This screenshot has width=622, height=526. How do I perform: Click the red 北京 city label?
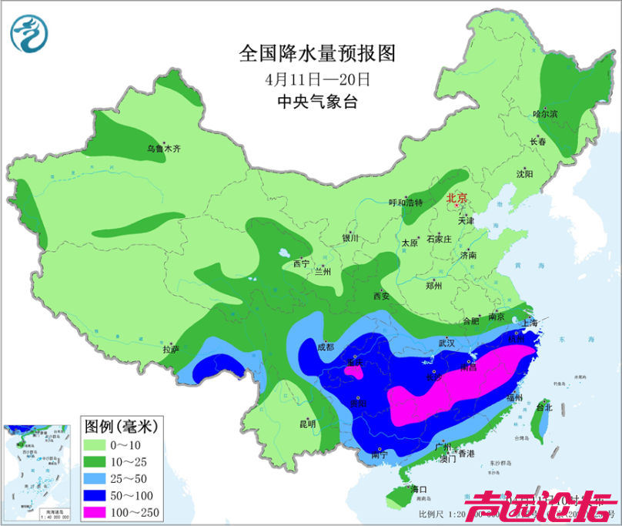pyautogui.click(x=457, y=199)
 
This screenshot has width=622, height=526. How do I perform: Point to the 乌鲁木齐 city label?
pyautogui.click(x=164, y=148)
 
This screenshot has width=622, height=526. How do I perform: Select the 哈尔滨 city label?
pyautogui.click(x=545, y=113)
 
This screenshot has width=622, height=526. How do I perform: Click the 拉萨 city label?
pyautogui.click(x=171, y=349)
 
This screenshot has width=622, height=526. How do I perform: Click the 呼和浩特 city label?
pyautogui.click(x=406, y=203)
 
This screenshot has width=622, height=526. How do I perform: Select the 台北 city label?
pyautogui.click(x=543, y=407)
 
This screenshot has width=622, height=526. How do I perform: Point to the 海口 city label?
pyautogui.click(x=418, y=490)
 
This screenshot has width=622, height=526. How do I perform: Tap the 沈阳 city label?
pyautogui.click(x=524, y=173)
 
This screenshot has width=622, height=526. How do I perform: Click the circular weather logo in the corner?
pyautogui.click(x=29, y=33)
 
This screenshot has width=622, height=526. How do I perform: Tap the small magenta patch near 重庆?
pyautogui.click(x=353, y=371)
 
